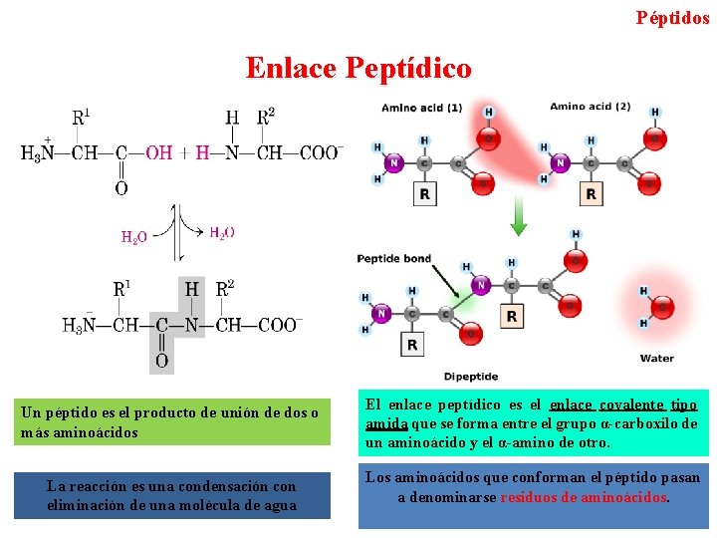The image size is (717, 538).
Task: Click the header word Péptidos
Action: (672, 17)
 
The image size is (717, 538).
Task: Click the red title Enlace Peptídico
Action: (358, 68)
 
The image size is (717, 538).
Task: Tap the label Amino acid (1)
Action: (421, 108)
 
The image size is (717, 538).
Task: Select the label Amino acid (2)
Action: (590, 107)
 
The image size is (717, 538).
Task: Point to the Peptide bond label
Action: (393, 259)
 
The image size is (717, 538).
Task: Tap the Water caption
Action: (656, 358)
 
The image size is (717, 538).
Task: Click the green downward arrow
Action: (518, 218)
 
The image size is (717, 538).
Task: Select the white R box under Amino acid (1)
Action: (425, 193)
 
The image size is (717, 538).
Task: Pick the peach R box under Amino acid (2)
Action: (592, 193)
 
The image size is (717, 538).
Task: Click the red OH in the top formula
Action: (158, 152)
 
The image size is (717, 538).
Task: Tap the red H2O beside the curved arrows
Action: (134, 237)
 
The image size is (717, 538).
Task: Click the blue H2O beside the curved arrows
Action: (222, 232)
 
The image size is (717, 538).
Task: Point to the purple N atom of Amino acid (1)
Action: (394, 163)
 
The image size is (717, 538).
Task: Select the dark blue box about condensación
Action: (171, 495)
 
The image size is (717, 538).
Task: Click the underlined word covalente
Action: (631, 404)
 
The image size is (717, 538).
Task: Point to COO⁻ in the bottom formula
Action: (278, 325)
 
